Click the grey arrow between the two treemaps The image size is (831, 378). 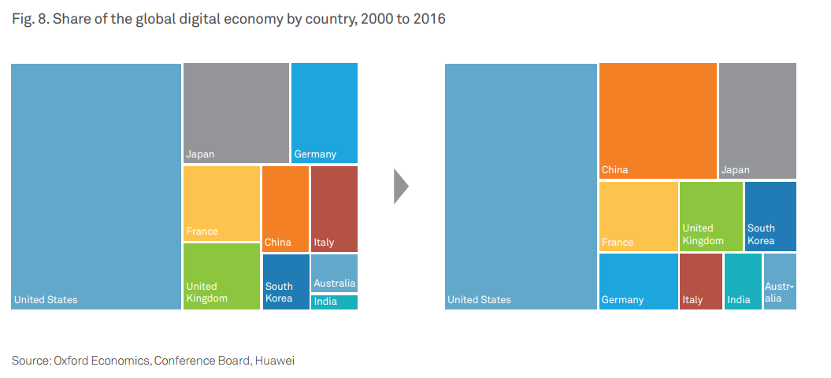pyautogui.click(x=401, y=187)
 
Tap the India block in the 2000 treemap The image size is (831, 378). pyautogui.click(x=334, y=302)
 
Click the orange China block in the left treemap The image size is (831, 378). pyautogui.click(x=285, y=209)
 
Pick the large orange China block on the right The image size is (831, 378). pyautogui.click(x=658, y=120)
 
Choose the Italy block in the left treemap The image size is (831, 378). pyautogui.click(x=334, y=209)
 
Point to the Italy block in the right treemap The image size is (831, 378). pyautogui.click(x=700, y=281)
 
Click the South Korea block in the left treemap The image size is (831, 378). pyautogui.click(x=286, y=281)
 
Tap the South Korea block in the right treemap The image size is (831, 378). pyautogui.click(x=770, y=216)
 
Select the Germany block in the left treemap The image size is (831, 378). pyautogui.click(x=325, y=113)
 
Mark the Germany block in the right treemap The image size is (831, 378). pyautogui.click(x=638, y=281)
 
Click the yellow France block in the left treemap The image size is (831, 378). pyautogui.click(x=221, y=203)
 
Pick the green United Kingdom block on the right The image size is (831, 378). pyautogui.click(x=710, y=216)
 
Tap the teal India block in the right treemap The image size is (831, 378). pyautogui.click(x=743, y=281)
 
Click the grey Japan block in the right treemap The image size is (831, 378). pyautogui.click(x=757, y=120)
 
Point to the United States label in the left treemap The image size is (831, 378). pyautogui.click(x=46, y=300)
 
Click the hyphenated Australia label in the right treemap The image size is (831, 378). pyautogui.click(x=779, y=292)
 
